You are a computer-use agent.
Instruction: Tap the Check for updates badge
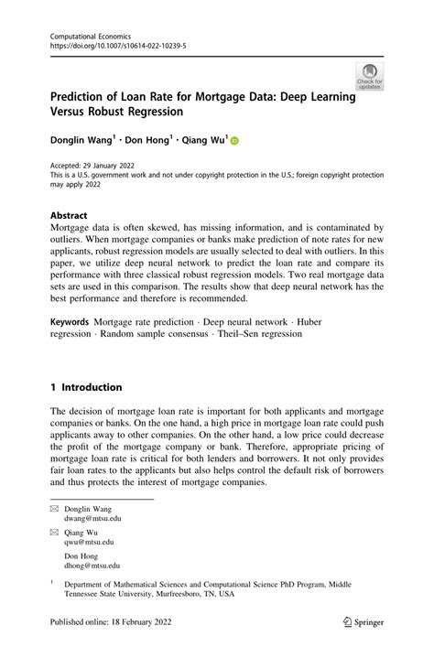coord(370,77)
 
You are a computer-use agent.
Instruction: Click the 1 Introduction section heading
coord(86,387)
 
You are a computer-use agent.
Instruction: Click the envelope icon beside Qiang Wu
coord(55,531)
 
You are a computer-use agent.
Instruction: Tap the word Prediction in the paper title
coord(84,95)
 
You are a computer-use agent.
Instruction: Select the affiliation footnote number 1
coord(53,580)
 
